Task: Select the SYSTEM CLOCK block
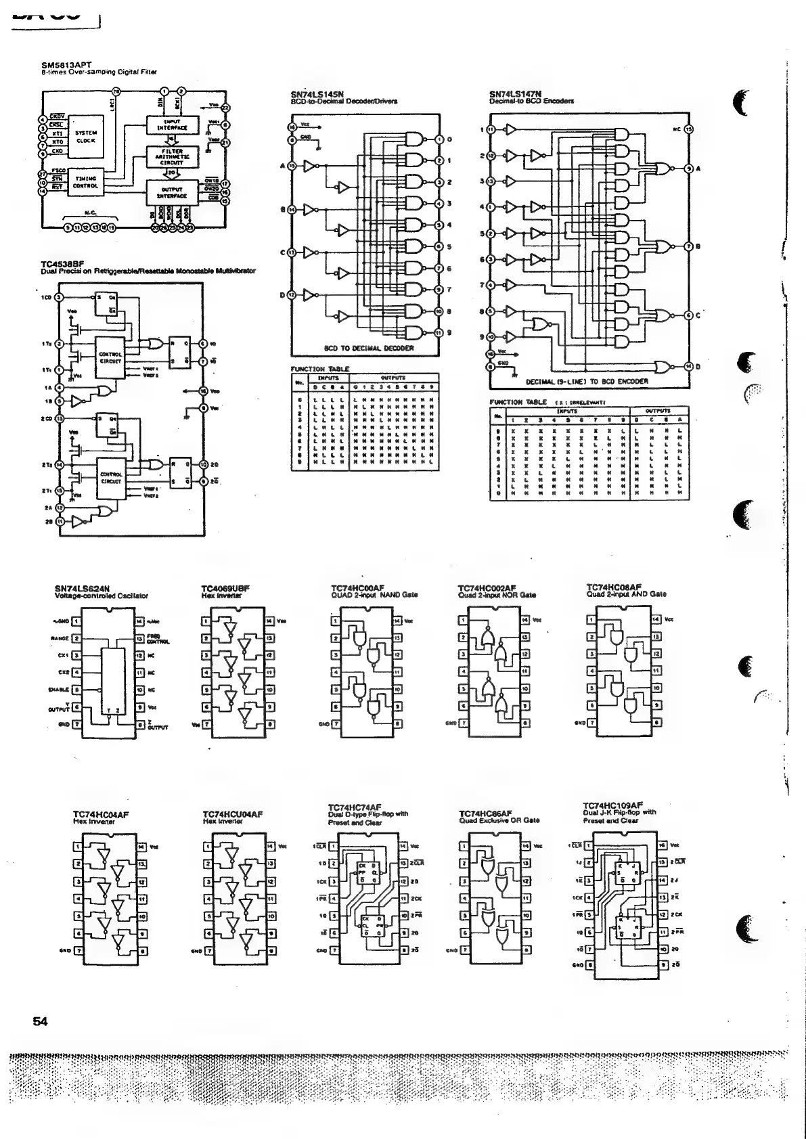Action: [85, 137]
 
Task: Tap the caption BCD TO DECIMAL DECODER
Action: [367, 349]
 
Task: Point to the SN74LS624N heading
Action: [82, 589]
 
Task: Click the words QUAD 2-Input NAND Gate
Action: [374, 596]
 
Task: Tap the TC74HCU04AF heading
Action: [233, 814]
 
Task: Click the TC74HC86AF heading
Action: [486, 813]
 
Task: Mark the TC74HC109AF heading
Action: [612, 805]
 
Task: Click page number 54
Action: [40, 1022]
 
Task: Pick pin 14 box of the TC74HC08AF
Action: [655, 619]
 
